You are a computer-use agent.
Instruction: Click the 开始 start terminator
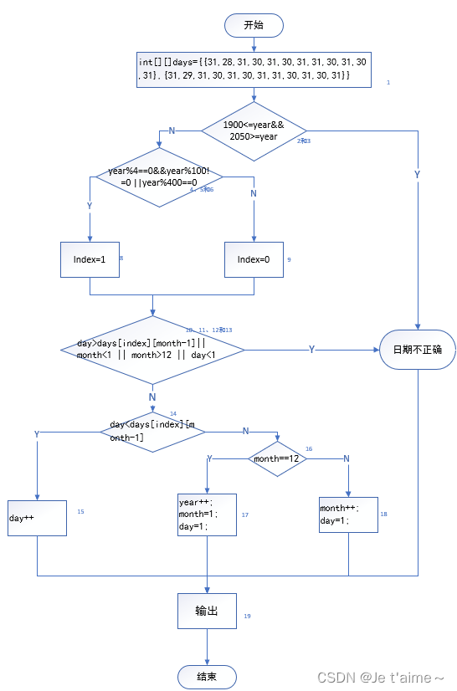(254, 25)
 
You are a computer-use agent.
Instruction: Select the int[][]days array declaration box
(254, 69)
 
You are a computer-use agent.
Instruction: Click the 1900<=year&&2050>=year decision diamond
(254, 131)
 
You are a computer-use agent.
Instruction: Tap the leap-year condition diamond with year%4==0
(159, 177)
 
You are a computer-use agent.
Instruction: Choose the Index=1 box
(90, 259)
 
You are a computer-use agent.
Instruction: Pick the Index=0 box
(254, 259)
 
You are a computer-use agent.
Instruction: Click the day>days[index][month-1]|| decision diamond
(152, 349)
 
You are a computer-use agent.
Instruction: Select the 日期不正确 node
(417, 349)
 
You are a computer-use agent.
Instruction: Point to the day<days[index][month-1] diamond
(152, 432)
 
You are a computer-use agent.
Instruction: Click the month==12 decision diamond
(278, 458)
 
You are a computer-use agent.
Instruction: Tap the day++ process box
(37, 518)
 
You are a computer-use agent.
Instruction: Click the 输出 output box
(207, 611)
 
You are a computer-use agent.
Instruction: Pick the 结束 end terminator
(207, 676)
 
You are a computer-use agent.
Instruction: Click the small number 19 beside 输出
(247, 616)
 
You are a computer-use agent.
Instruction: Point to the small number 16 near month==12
(309, 449)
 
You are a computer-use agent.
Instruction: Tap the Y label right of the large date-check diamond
(311, 349)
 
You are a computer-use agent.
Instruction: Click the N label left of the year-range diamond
(172, 131)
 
